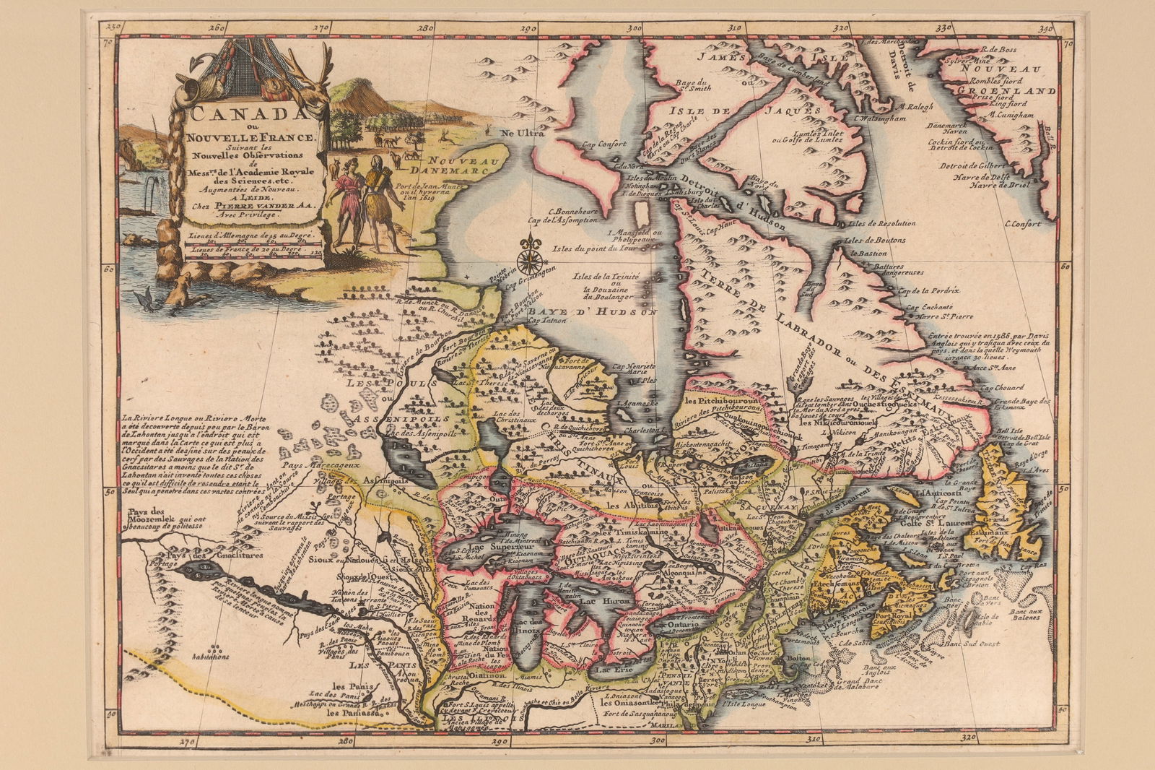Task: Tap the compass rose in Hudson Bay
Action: [532, 254]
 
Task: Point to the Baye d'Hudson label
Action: [591, 312]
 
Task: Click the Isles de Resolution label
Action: [883, 223]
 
